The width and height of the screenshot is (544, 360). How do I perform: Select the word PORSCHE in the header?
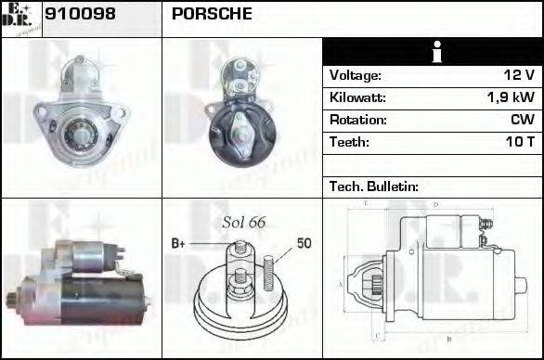(x=211, y=15)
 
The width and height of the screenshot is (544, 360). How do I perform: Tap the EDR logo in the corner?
(x=21, y=19)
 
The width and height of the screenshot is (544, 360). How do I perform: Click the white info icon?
(x=432, y=52)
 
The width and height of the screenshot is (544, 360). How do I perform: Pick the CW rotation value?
(x=521, y=120)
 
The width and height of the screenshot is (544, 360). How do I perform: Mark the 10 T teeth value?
(x=518, y=142)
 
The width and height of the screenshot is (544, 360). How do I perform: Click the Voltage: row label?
(x=356, y=75)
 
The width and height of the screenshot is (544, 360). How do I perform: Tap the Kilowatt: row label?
(x=357, y=97)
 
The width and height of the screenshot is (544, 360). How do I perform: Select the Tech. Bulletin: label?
(x=374, y=186)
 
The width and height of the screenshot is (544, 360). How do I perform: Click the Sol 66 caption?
(x=244, y=222)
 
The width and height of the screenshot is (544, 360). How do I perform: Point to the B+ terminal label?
(x=178, y=243)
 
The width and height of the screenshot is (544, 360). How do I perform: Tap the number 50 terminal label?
(x=304, y=243)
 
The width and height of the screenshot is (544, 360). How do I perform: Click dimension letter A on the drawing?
(x=340, y=283)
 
